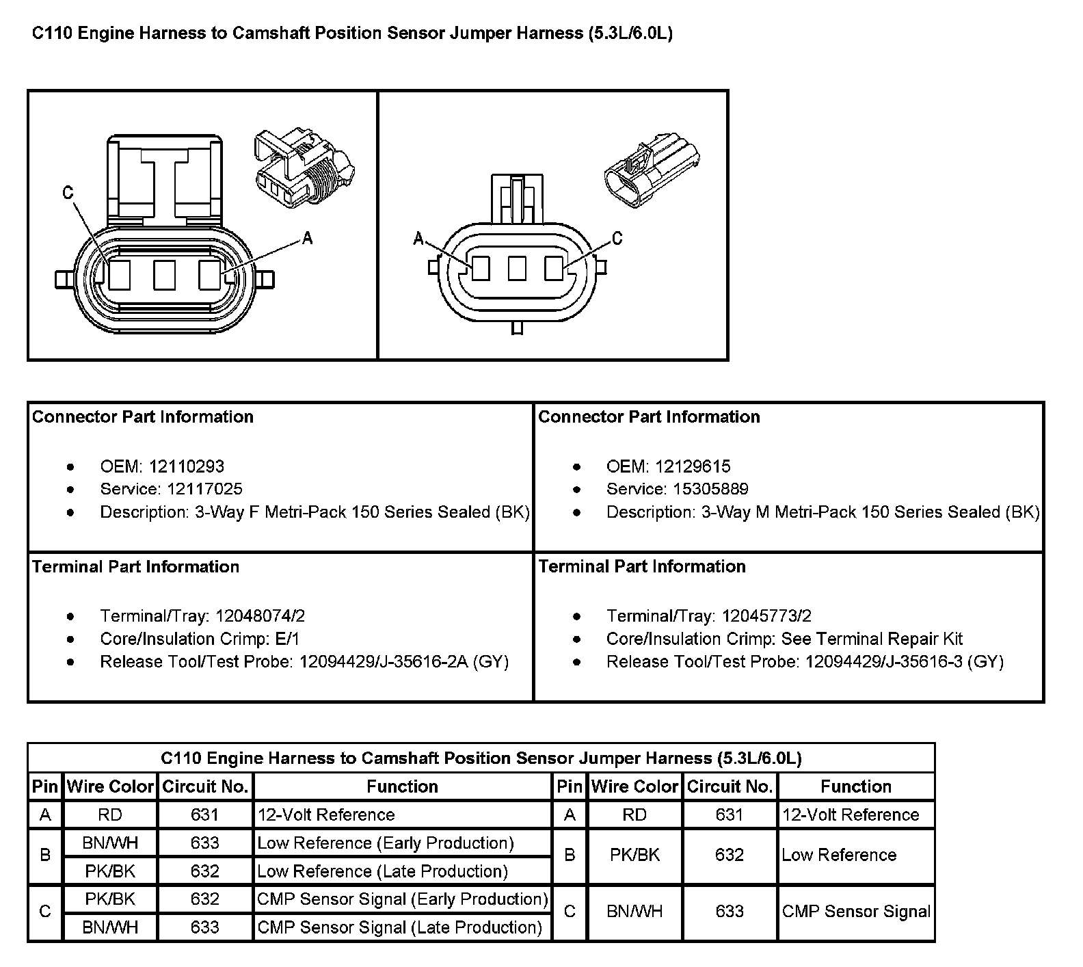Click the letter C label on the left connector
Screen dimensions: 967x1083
[68, 193]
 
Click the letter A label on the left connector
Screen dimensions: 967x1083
[307, 238]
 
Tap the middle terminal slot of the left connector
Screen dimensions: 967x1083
[164, 275]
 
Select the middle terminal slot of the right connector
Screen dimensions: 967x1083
[517, 269]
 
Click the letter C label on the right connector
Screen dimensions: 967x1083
[617, 238]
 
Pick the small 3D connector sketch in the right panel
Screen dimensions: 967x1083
[652, 171]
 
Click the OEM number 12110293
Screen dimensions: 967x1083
[186, 466]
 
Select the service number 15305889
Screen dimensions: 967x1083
[701, 489]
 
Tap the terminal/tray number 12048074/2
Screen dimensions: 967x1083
[260, 616]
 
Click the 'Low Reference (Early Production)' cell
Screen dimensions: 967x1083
[386, 843]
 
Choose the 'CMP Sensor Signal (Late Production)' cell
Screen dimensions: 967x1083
[400, 927]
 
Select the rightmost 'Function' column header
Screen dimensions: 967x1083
[855, 786]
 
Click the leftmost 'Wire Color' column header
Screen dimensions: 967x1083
[110, 786]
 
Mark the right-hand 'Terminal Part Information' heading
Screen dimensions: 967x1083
[642, 566]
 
